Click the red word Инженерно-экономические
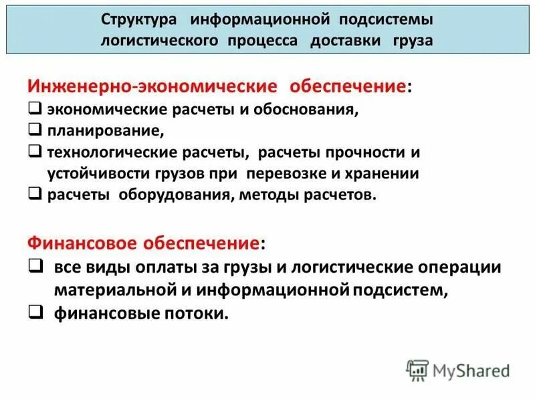pyautogui.click(x=152, y=88)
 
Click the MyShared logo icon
pyautogui.click(x=418, y=370)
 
